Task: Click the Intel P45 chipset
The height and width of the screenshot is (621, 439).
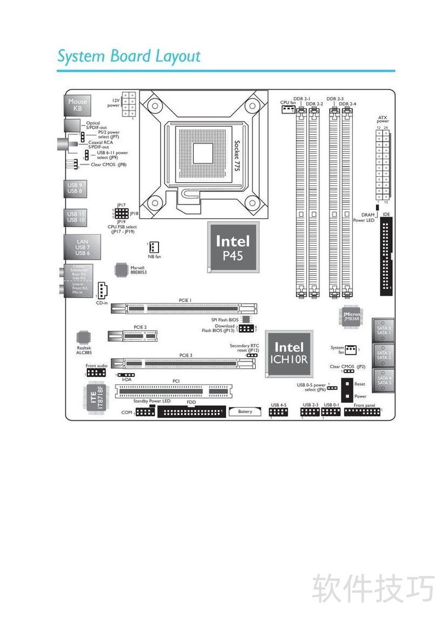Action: click(x=233, y=247)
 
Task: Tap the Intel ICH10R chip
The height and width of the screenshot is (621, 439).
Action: click(x=289, y=353)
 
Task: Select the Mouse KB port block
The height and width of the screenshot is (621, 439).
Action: click(x=77, y=105)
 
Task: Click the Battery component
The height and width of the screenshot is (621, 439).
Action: click(x=245, y=411)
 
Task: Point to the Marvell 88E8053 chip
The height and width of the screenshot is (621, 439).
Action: click(x=122, y=269)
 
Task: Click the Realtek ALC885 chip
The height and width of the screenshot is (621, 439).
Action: click(x=83, y=337)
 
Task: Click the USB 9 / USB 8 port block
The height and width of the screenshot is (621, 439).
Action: click(x=75, y=188)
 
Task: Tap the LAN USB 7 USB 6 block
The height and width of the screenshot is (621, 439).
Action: click(x=82, y=247)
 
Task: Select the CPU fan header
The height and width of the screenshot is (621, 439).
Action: click(x=288, y=109)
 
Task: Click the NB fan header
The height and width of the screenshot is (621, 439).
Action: click(x=154, y=246)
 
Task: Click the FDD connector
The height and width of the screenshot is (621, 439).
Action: click(x=190, y=412)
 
